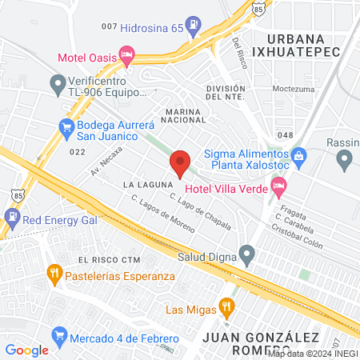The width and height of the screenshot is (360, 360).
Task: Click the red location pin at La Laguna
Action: [180, 162]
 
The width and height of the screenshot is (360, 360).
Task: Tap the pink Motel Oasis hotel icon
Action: [126, 56]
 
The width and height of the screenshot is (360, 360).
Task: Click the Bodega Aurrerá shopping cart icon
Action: [66, 127]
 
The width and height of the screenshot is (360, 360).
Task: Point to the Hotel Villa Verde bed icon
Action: [278, 189]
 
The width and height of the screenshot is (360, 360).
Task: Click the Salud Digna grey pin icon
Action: [247, 255]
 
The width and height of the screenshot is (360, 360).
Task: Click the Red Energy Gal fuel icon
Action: [12, 216]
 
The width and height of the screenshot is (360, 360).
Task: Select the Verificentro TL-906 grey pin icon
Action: [57, 82]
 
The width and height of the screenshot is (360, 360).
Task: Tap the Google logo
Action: [26, 350]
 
